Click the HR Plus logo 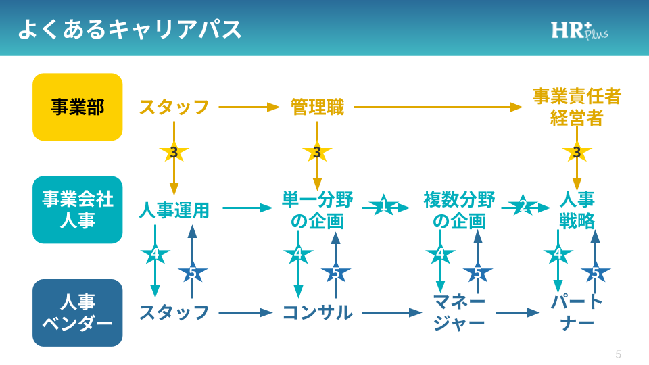(579, 30)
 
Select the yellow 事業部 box (78, 107)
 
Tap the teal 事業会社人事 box (78, 210)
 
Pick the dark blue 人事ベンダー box (78, 312)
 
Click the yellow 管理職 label (317, 107)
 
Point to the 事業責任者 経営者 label (577, 107)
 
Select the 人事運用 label (174, 210)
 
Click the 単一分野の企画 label (317, 210)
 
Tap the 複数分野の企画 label (459, 210)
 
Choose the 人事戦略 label (577, 210)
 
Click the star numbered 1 (383, 207)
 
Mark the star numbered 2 (523, 207)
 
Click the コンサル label (317, 312)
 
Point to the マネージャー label (459, 312)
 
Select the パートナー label (577, 312)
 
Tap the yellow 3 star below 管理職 (316, 152)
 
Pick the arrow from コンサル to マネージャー (392, 312)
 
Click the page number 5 (618, 354)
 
